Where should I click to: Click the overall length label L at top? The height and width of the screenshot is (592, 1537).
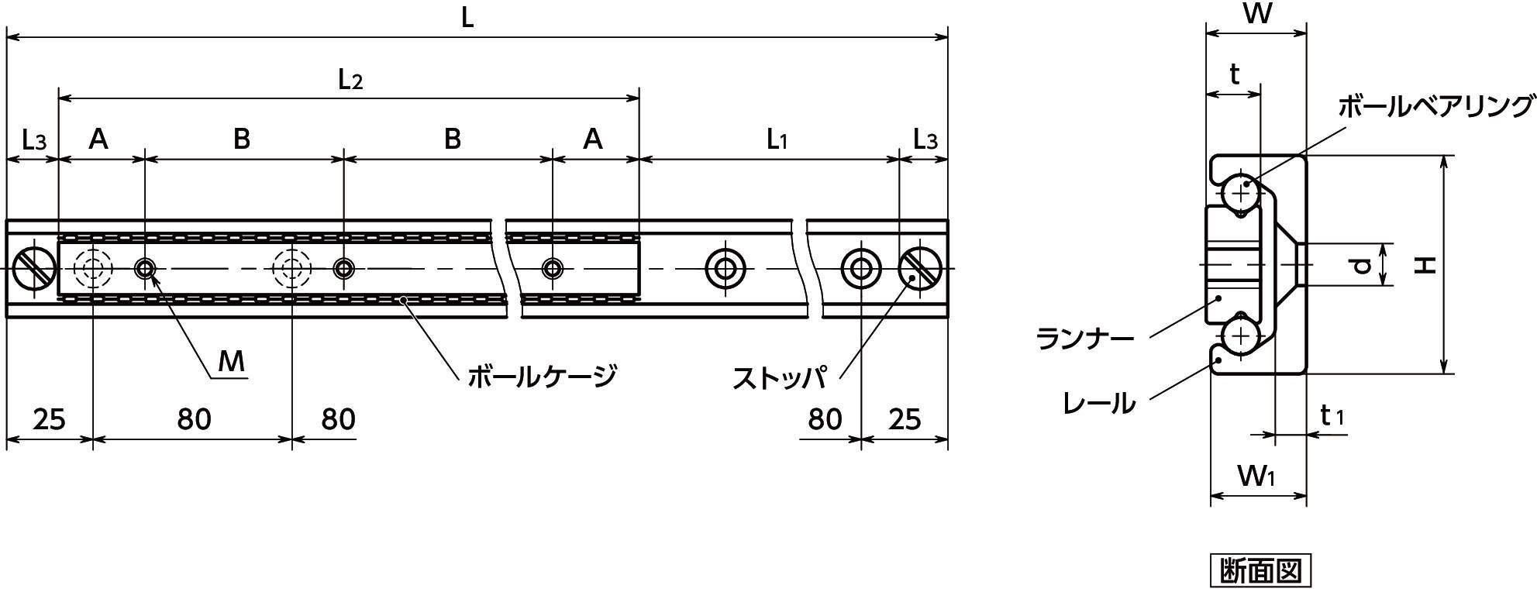pos(467,18)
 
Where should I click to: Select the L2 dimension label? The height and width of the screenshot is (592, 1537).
pos(350,80)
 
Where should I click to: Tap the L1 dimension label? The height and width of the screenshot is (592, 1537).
pos(777,140)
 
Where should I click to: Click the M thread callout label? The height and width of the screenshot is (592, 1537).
pos(230,361)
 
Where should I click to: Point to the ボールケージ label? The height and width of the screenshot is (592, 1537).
pos(541,377)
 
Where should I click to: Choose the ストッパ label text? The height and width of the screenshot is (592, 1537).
pos(780,377)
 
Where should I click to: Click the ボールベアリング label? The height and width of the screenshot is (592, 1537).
pos(1436,107)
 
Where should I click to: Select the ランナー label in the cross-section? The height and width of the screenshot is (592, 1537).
pos(1084,339)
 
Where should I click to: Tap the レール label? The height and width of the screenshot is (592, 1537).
pos(1099,402)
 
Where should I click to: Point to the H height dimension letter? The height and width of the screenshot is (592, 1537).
pos(1425,266)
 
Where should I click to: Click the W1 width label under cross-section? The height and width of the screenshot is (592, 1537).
pos(1256,475)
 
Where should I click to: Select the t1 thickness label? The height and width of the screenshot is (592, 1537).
pos(1332,416)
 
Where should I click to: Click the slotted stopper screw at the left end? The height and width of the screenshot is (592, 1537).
pos(34,269)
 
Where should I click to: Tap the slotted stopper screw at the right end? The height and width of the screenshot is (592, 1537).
pos(920,269)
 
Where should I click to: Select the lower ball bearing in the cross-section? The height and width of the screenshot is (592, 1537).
pos(1241,336)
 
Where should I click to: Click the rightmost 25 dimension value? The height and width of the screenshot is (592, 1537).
pos(904,419)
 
